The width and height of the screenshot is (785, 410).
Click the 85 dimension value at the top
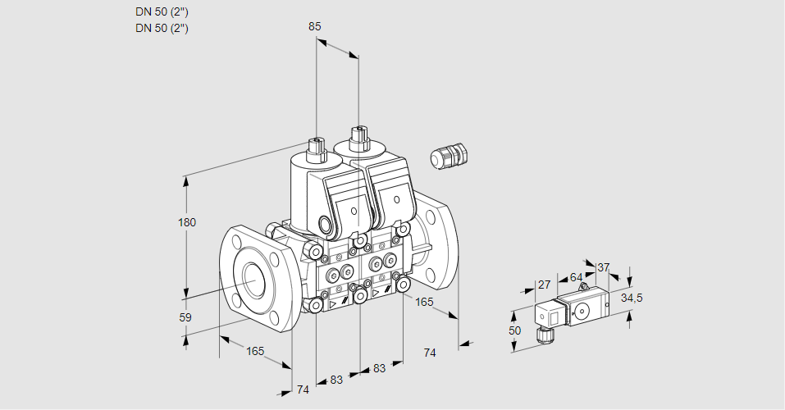[314, 26]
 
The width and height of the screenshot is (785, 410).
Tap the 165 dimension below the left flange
[255, 351]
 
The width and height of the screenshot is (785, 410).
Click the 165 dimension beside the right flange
[424, 303]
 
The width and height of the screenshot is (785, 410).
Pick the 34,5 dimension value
[631, 298]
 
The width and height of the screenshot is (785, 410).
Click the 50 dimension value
[514, 330]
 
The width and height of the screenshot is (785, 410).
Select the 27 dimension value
[543, 285]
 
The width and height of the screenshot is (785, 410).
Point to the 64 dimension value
[576, 277]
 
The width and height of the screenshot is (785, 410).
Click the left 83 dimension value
[336, 380]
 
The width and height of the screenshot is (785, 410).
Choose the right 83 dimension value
[379, 368]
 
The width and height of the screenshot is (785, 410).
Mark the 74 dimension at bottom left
[303, 389]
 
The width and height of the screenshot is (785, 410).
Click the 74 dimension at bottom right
[430, 353]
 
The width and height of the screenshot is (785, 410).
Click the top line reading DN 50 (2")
[162, 12]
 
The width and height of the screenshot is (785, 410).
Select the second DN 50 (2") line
[162, 28]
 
